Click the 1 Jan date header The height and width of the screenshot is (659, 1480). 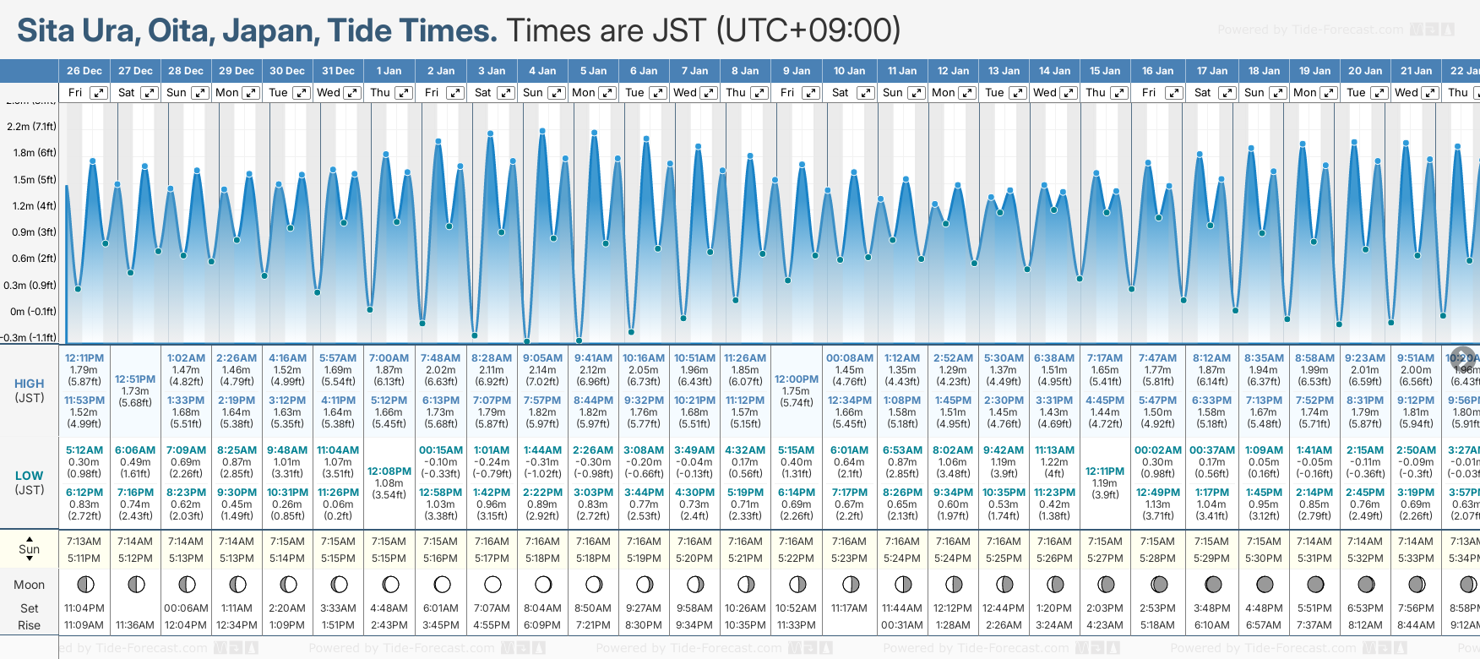[x=389, y=71]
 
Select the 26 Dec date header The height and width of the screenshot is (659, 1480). [x=84, y=71]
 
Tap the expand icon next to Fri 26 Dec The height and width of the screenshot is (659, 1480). [x=99, y=93]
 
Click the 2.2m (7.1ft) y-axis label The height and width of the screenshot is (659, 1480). [x=31, y=127]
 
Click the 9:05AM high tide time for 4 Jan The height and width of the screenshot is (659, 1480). [x=542, y=358]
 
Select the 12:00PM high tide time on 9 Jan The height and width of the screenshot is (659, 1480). [x=797, y=379]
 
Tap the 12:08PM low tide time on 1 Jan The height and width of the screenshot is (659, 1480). [x=389, y=471]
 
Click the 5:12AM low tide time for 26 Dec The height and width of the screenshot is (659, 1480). [x=84, y=450]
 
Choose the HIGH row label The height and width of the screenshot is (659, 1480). [x=30, y=384]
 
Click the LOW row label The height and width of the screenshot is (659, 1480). [x=30, y=476]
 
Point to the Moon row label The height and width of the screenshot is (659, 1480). [x=30, y=585]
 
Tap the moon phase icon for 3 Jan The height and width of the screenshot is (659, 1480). [x=492, y=584]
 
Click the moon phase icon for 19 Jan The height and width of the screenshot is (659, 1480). [x=1315, y=584]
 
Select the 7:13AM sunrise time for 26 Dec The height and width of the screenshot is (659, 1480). [x=84, y=542]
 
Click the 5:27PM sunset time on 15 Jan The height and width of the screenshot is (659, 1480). [x=1105, y=558]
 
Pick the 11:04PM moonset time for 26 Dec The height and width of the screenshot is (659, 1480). [x=84, y=608]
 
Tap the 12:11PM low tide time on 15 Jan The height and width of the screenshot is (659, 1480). [x=1105, y=471]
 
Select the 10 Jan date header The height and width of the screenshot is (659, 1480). [x=849, y=71]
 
